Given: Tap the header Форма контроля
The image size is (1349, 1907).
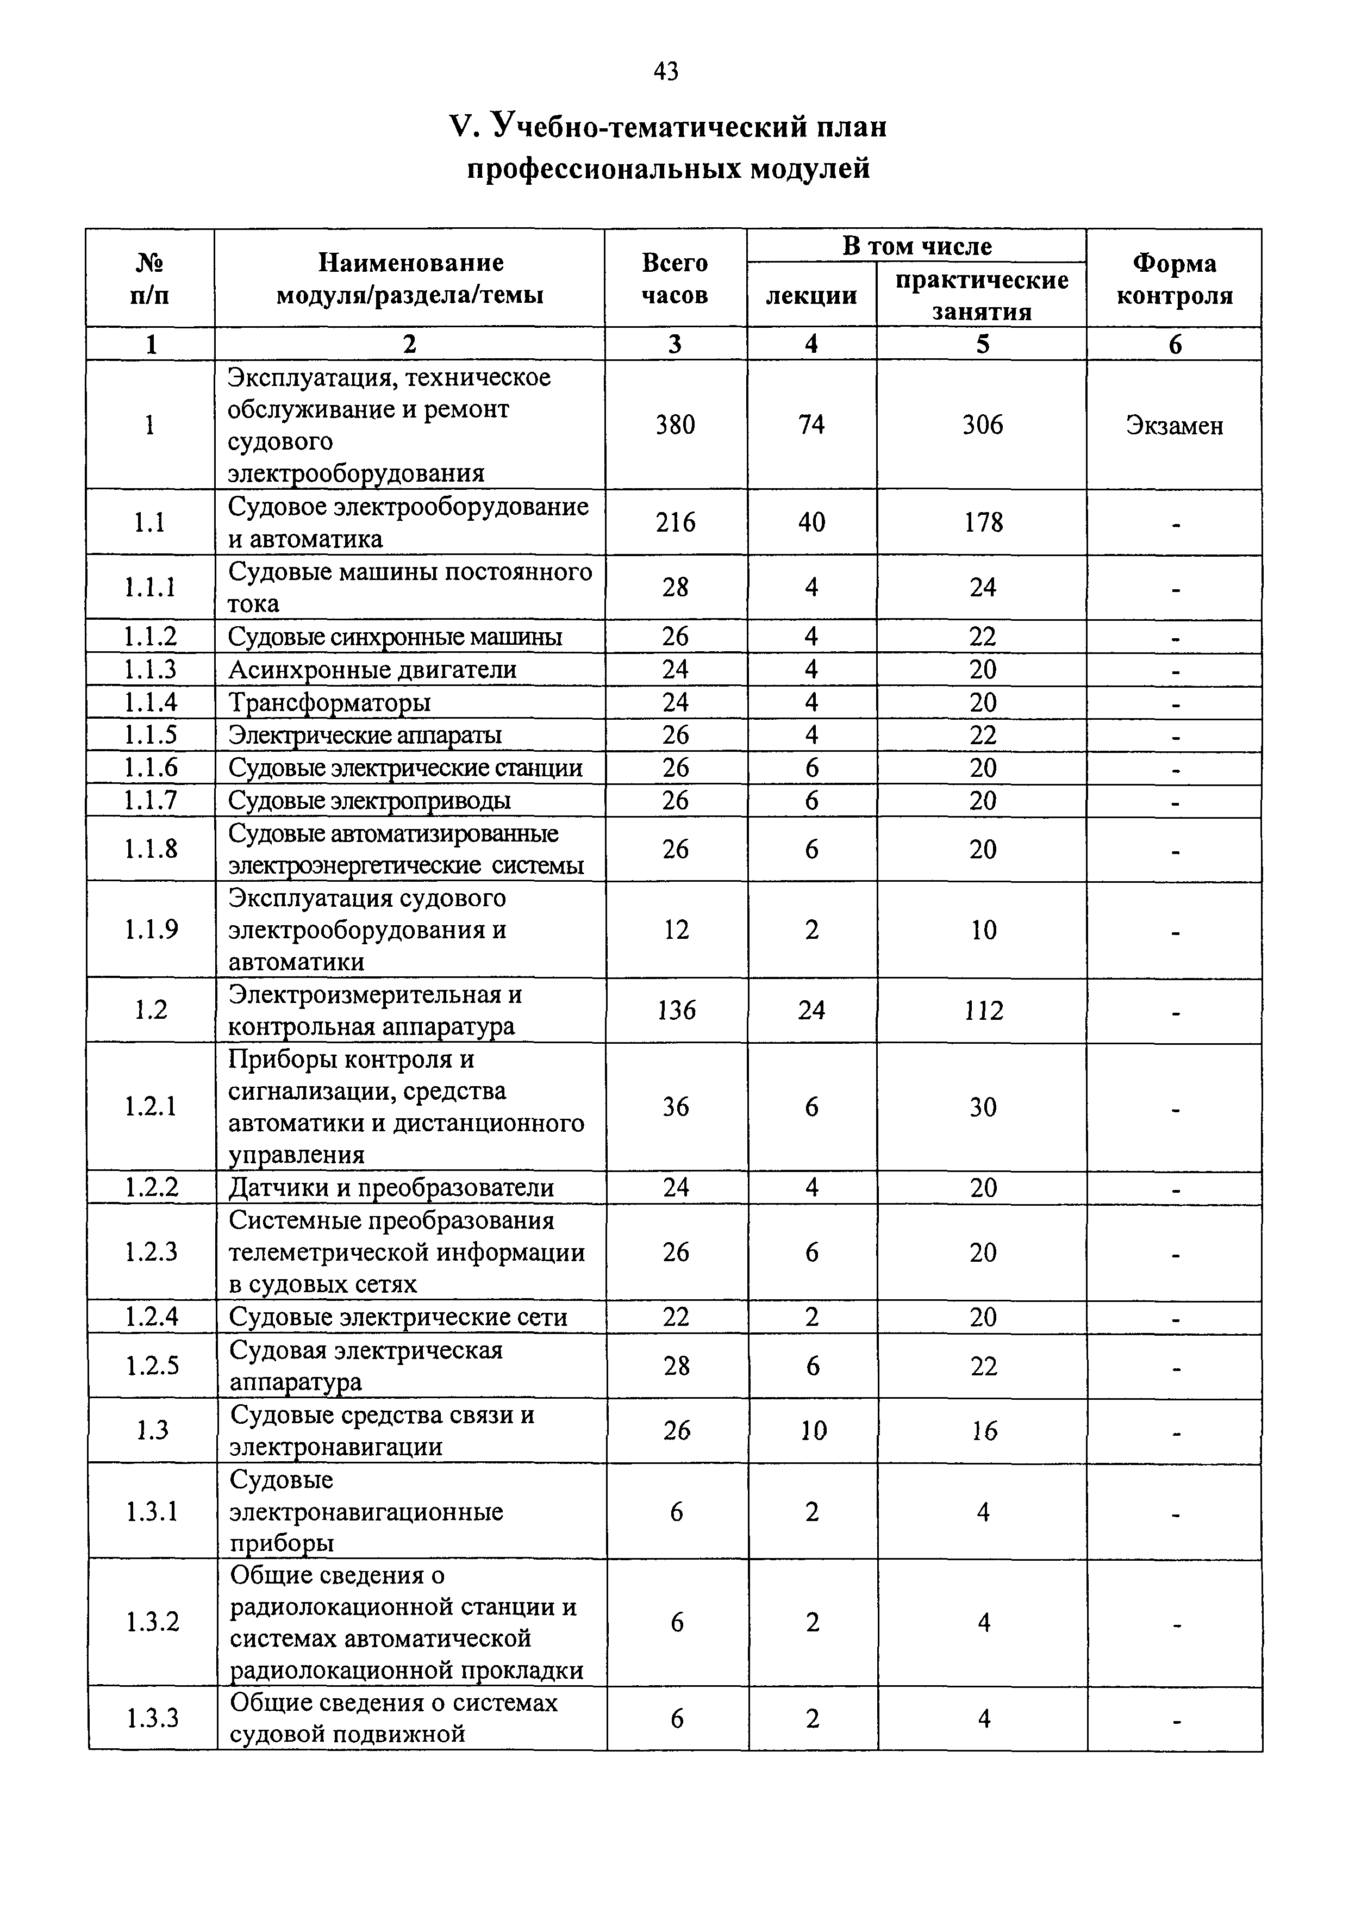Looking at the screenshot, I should pyautogui.click(x=1174, y=279).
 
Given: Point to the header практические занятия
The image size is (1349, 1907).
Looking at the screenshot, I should pyautogui.click(x=982, y=295).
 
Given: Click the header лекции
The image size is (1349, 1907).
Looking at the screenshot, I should pyautogui.click(x=811, y=295).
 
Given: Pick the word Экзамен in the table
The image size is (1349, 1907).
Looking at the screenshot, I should pyautogui.click(x=1174, y=425).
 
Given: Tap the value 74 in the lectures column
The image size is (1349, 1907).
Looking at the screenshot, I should pyautogui.click(x=811, y=425).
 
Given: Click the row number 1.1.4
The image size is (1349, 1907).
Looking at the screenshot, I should pyautogui.click(x=151, y=702).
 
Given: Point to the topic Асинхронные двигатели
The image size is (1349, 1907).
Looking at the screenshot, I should pyautogui.click(x=372, y=669).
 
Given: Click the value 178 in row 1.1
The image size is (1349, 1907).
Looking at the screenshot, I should pyautogui.click(x=983, y=522).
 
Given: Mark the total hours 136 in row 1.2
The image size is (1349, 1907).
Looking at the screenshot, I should pyautogui.click(x=676, y=1010).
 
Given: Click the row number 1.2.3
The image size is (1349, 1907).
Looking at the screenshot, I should pyautogui.click(x=151, y=1252).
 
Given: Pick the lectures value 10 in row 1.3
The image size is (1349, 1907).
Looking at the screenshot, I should pyautogui.click(x=813, y=1430).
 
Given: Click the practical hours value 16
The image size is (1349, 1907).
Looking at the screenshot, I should pyautogui.click(x=984, y=1430).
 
